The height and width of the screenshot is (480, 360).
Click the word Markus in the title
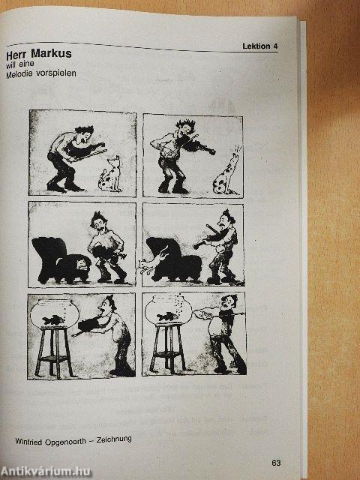click(x=51, y=53)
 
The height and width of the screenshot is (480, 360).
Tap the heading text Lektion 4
click(x=260, y=46)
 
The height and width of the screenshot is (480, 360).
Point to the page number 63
click(x=276, y=463)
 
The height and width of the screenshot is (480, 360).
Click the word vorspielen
click(x=56, y=73)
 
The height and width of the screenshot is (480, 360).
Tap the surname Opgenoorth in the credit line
click(x=65, y=442)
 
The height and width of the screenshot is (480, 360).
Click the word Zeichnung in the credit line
click(x=114, y=440)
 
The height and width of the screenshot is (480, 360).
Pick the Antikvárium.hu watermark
click(x=45, y=472)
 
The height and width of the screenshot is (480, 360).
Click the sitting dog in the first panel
click(x=110, y=175)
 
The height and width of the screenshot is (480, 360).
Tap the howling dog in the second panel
click(x=226, y=172)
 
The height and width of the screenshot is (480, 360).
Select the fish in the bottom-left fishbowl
click(x=53, y=320)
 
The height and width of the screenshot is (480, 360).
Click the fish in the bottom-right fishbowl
click(x=167, y=316)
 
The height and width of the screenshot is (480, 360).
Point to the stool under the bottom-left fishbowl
click(x=54, y=352)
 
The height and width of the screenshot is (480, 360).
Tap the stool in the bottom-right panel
click(x=168, y=348)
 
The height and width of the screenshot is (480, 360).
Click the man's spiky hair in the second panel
click(x=185, y=124)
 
